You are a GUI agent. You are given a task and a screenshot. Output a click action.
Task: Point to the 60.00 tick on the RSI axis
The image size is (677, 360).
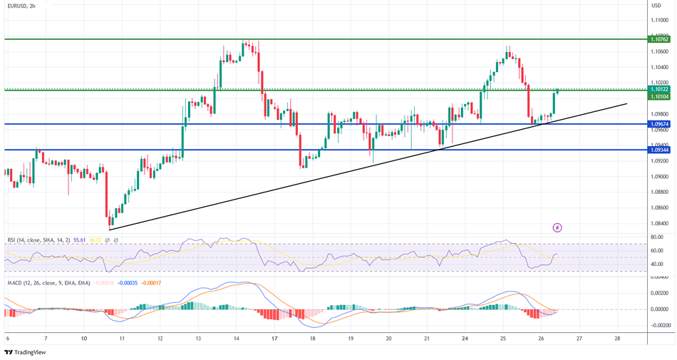click(x=657, y=251)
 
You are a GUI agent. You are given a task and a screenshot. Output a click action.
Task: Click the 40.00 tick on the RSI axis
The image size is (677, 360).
click(x=657, y=264)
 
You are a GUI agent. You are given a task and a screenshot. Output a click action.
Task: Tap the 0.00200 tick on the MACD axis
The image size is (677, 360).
click(x=658, y=293)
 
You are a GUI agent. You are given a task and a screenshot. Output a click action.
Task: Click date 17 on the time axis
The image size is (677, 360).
click(x=274, y=338)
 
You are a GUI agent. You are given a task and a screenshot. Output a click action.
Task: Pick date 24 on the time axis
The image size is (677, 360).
click(x=465, y=338)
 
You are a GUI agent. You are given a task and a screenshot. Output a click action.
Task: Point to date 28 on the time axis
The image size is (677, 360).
click(x=617, y=338)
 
